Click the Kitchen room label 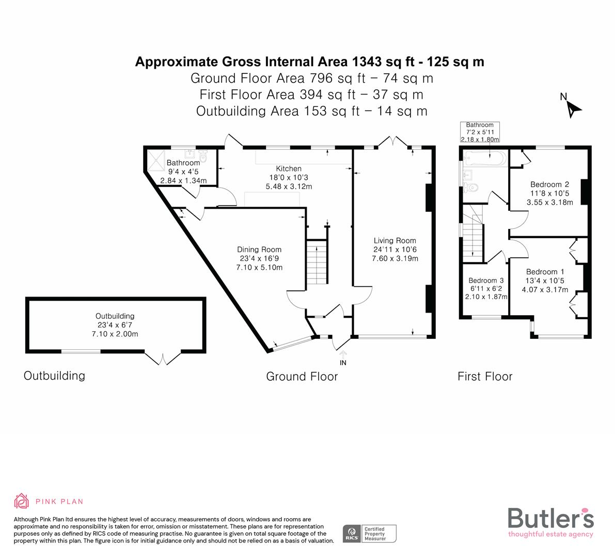click(x=289, y=168)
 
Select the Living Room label click(x=395, y=240)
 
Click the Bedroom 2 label click(x=549, y=184)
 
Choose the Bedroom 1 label click(x=545, y=272)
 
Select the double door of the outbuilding click(x=163, y=358)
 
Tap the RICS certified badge click(x=370, y=533)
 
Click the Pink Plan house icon click(x=22, y=501)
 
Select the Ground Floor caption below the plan click(x=302, y=376)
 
